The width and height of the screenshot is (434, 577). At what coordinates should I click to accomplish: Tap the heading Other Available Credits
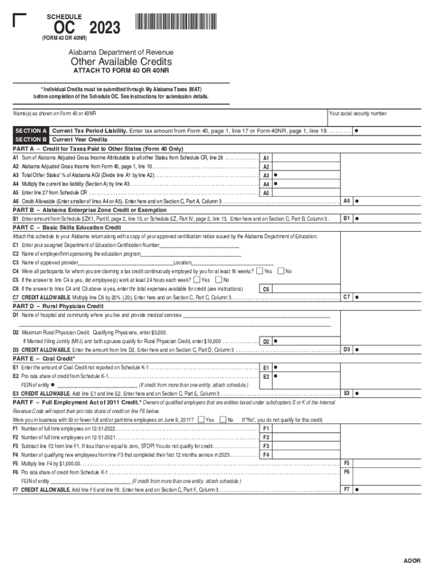[x=121, y=61]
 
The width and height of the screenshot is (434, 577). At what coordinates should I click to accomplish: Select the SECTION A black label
[x=31, y=131]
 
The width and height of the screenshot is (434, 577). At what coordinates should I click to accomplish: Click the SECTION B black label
[x=31, y=139]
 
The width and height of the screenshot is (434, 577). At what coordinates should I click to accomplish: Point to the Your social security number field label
[x=358, y=113]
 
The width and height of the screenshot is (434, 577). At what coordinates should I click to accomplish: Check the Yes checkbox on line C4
[x=259, y=271]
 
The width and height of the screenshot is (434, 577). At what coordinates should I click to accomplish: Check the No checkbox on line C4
[x=281, y=271]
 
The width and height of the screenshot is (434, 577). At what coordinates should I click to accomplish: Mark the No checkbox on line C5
[x=219, y=279]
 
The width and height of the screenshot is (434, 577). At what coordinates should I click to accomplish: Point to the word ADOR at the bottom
[x=412, y=561]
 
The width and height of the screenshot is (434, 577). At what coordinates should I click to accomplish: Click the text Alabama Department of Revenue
[x=121, y=52]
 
